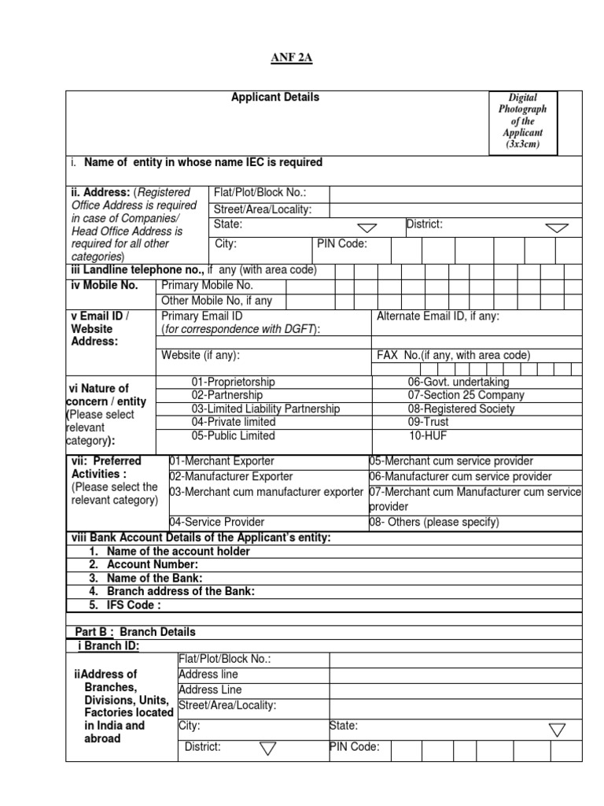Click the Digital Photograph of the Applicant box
pos(522,121)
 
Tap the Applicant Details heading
pos(275,98)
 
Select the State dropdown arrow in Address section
pos(367,227)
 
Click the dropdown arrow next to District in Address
pos(557,227)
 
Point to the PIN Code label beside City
pos(342,244)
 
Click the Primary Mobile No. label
pos(207,286)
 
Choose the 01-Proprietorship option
pos(233,382)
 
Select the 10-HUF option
pos(427,435)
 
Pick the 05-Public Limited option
pos(233,435)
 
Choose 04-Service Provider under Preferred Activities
pos(217,522)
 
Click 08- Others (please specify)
pos(434,522)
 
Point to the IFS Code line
pos(134,604)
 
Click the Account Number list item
pos(153,564)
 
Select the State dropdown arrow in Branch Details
pos(557,730)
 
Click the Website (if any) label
pos(201,355)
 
